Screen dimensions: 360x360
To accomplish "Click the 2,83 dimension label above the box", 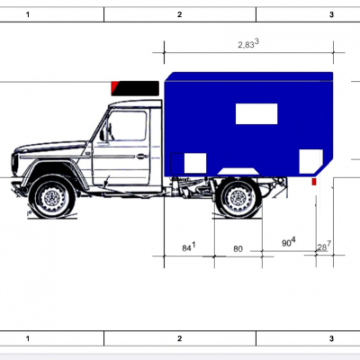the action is pos(248,44).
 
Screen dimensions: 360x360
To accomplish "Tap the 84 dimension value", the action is pos(189,247).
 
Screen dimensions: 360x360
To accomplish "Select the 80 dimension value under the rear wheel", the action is pos(238,249).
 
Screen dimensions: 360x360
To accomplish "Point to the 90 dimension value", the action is pos(289,242).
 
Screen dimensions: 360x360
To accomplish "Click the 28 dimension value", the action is pos(324,247).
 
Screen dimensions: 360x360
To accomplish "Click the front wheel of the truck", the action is pos(53,197).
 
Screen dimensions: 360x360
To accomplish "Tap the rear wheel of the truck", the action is pos(238,198).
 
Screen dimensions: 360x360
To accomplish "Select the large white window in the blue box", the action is pos(256,113).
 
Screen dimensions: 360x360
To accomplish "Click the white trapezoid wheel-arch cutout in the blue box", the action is pos(238,171).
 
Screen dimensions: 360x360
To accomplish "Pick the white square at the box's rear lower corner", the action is pos(310,161).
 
